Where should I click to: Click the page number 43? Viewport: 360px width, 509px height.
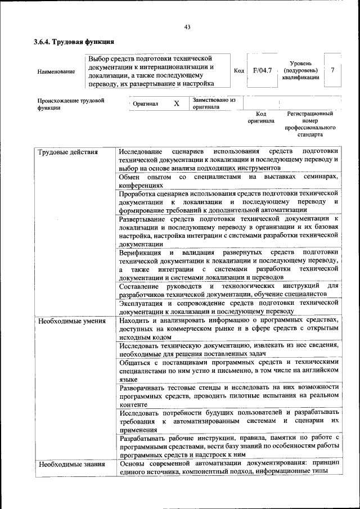(x=187, y=26)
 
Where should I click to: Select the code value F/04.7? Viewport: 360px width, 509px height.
(x=262, y=71)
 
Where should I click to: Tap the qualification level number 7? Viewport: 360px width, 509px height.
(x=332, y=70)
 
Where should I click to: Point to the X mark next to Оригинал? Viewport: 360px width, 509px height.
(x=177, y=103)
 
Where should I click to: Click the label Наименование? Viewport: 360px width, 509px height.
(x=56, y=72)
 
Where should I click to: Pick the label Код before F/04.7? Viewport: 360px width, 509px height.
(x=238, y=71)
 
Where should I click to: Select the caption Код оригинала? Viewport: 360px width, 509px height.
(x=260, y=117)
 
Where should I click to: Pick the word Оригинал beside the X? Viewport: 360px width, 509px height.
(x=145, y=104)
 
